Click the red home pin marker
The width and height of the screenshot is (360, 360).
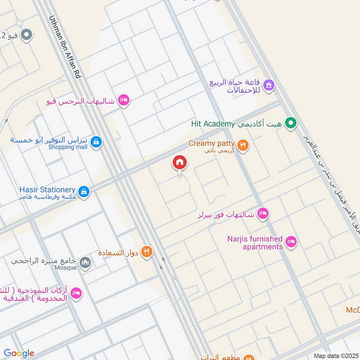point(180,163)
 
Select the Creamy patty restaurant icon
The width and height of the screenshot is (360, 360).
point(243,145)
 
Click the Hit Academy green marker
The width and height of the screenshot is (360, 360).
point(291,122)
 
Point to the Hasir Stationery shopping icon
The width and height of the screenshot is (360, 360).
point(83,192)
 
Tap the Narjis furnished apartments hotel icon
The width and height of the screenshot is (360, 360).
point(291,242)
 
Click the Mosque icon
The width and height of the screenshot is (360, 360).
point(85,262)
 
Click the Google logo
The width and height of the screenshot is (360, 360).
point(19,353)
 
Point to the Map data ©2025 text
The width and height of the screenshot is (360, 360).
point(336,356)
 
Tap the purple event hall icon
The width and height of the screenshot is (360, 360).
point(269,84)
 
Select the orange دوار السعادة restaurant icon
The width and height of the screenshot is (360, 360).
point(146,252)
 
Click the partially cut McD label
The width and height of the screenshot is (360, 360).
point(352,310)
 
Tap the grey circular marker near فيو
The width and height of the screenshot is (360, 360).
point(27,35)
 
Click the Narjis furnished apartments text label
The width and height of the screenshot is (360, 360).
point(255,243)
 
